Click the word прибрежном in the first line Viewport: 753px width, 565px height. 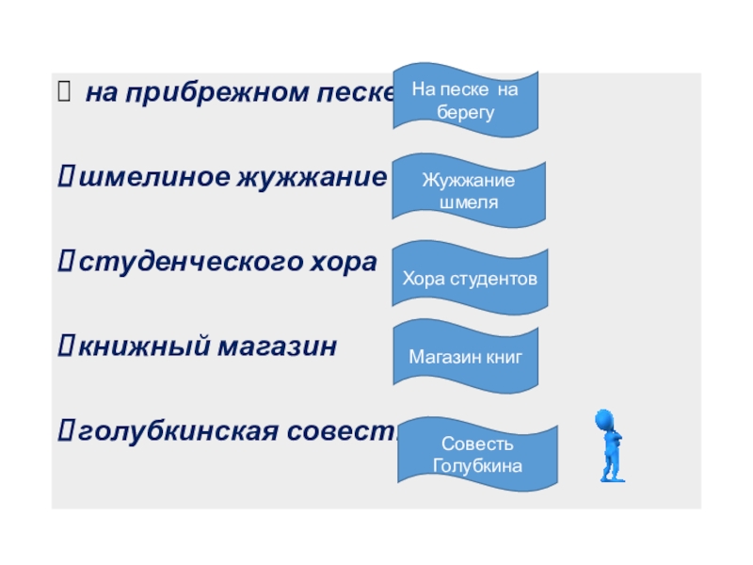213,94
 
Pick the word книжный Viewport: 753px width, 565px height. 145,347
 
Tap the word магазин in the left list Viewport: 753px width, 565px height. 279,347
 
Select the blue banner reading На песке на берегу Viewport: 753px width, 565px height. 465,99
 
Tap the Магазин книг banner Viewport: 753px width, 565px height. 465,358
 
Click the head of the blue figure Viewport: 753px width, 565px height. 604,420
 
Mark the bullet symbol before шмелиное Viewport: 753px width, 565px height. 67,178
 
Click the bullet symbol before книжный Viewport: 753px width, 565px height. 67,347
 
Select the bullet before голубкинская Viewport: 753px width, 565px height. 67,431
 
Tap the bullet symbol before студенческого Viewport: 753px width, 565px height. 67,263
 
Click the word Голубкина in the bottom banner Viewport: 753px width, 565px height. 477,465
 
